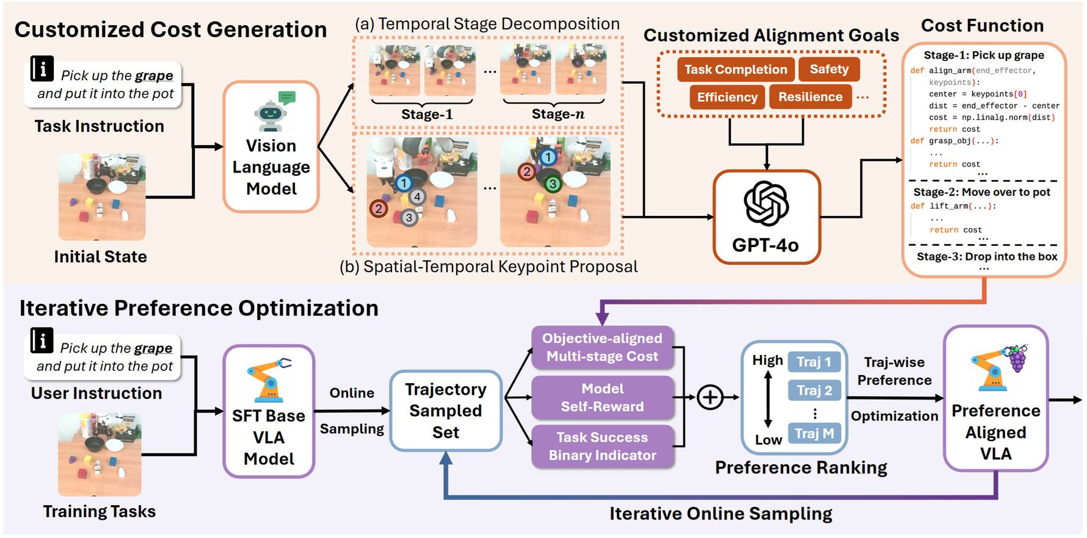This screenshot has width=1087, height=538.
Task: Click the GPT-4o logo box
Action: click(766, 217)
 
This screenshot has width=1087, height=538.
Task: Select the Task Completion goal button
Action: click(735, 70)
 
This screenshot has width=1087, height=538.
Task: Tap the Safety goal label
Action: click(829, 70)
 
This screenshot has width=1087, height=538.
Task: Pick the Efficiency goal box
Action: click(727, 98)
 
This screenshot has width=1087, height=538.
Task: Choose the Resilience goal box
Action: click(810, 97)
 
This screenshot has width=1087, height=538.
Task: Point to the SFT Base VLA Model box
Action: click(269, 411)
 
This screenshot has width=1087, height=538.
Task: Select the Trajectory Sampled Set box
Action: click(446, 411)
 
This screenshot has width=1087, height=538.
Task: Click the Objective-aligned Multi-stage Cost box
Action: click(602, 348)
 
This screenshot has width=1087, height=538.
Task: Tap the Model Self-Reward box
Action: click(602, 398)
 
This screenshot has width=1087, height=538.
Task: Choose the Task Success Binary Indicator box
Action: click(602, 447)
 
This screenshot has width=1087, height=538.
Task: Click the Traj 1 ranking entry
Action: click(814, 362)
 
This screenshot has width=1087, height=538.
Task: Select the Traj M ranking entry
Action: click(814, 434)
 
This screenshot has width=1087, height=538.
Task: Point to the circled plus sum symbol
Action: click(710, 398)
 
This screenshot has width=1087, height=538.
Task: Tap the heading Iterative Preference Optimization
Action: click(198, 309)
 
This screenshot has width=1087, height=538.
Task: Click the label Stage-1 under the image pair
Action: click(426, 115)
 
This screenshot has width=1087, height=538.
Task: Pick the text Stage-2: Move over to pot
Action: click(981, 192)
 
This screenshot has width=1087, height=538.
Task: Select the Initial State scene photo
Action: click(102, 197)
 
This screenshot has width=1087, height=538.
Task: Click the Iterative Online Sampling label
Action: click(721, 514)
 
